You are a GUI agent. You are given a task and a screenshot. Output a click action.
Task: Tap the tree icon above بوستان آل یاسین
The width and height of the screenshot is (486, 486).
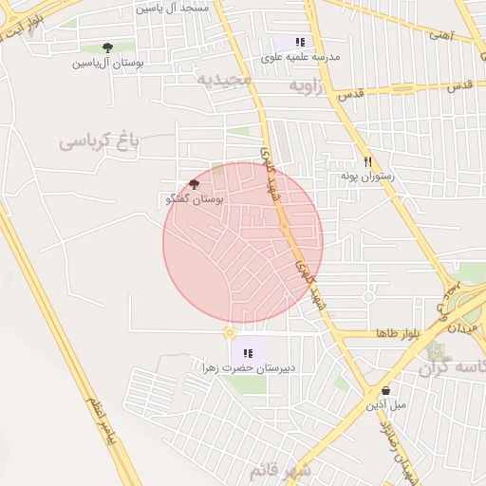(x=106, y=47)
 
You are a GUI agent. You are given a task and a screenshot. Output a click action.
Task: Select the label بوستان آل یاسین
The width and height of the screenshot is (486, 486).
(x=107, y=64)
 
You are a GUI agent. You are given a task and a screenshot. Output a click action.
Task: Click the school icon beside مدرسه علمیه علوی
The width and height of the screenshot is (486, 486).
(x=301, y=42)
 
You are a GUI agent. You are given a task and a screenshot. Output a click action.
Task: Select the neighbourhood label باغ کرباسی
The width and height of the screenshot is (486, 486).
(x=99, y=141)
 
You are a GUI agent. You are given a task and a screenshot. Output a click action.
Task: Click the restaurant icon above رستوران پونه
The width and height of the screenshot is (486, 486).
(x=368, y=161)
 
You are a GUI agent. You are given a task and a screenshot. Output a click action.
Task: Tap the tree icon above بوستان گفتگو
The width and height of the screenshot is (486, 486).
(x=195, y=184)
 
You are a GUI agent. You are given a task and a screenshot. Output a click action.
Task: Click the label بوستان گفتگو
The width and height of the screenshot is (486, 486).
(x=194, y=200)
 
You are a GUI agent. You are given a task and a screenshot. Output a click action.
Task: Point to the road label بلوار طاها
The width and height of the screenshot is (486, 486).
(x=397, y=333)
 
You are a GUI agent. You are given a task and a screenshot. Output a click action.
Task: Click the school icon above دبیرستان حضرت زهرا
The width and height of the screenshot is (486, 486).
(x=249, y=352)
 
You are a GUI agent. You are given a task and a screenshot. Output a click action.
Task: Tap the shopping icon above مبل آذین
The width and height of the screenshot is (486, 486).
(x=385, y=390)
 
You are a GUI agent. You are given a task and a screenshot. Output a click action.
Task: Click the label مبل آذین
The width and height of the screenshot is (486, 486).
(x=386, y=404)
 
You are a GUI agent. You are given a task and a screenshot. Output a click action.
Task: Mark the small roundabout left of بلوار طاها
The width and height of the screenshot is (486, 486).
(x=229, y=332)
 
